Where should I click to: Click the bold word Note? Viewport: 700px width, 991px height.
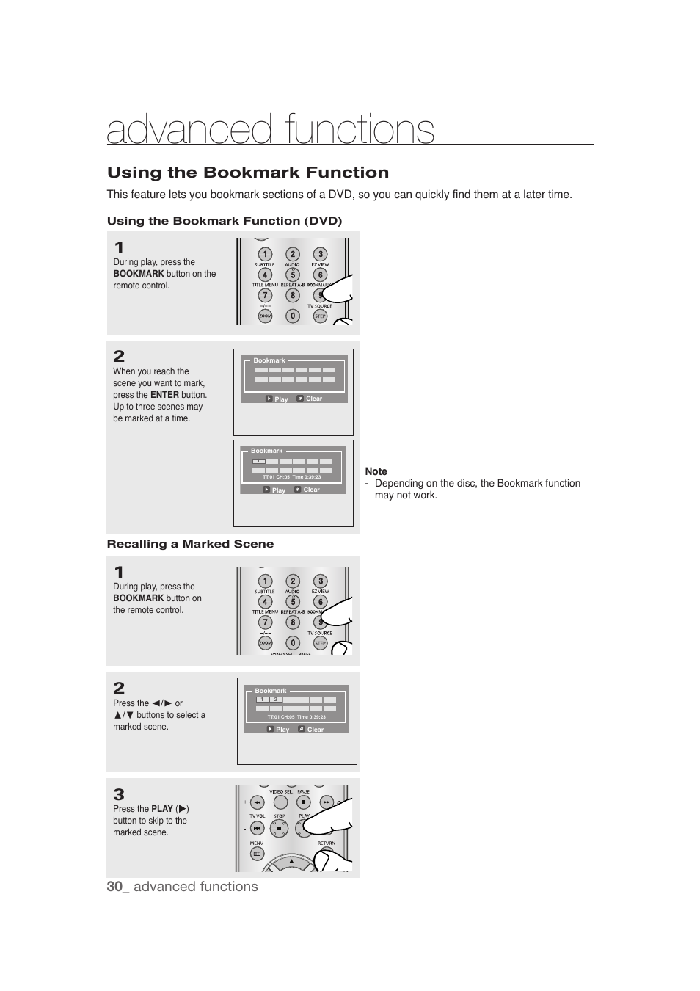pos(376,471)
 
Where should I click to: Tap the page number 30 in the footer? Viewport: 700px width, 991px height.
pos(114,886)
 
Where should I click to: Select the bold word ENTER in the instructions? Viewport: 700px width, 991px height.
pos(164,395)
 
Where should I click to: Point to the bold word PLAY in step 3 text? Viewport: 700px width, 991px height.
pos(162,809)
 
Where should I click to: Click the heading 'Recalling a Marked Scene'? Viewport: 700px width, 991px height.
pos(190,544)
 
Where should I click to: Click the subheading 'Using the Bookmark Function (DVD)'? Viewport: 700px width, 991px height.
pos(225,221)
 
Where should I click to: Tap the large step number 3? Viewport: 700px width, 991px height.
pos(119,794)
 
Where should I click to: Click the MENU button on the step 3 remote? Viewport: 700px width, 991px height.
pos(257,854)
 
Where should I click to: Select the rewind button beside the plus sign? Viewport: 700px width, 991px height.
pos(257,802)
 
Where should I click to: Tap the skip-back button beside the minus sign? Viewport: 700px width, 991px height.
pos(257,828)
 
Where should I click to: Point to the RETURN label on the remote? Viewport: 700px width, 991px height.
pos(327,843)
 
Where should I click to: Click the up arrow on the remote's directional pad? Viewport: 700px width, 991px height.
pos(291,861)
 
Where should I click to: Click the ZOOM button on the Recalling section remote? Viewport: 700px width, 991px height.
pos(265,643)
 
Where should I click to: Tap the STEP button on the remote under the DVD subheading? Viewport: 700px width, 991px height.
pos(320,316)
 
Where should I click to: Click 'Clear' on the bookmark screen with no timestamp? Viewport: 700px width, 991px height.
pos(314,399)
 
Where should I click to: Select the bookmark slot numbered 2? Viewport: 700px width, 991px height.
pos(276,700)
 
